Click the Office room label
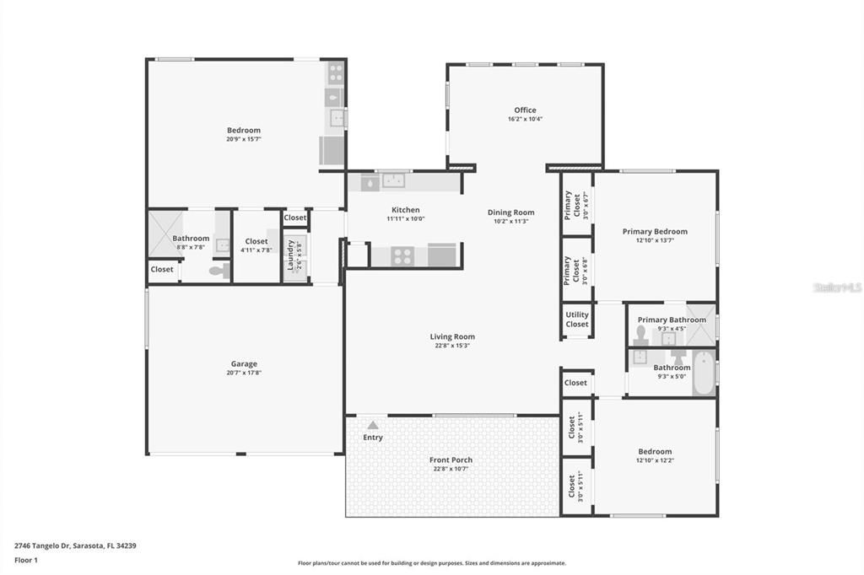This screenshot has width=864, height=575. (x=525, y=110)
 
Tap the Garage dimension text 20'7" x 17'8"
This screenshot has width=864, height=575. (x=244, y=373)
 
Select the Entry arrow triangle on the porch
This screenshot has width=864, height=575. (x=372, y=426)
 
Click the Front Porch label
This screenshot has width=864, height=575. (x=451, y=459)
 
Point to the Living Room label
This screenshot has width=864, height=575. (x=452, y=336)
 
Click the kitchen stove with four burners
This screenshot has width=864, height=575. (x=402, y=255)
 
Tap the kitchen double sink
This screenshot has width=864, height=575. (x=392, y=180)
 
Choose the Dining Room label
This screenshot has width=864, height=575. (x=511, y=212)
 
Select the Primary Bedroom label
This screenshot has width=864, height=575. (x=655, y=231)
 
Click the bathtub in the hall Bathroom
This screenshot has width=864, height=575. (x=703, y=373)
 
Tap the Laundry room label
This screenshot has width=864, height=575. (x=291, y=253)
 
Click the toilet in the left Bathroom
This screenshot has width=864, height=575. (x=218, y=271)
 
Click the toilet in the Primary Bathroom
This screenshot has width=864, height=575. (x=641, y=336)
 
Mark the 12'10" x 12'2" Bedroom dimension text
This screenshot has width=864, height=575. (x=655, y=460)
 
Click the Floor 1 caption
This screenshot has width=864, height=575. (x=26, y=560)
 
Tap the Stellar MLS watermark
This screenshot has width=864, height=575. (x=837, y=287)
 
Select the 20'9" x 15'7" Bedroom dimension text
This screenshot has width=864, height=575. (x=244, y=139)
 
